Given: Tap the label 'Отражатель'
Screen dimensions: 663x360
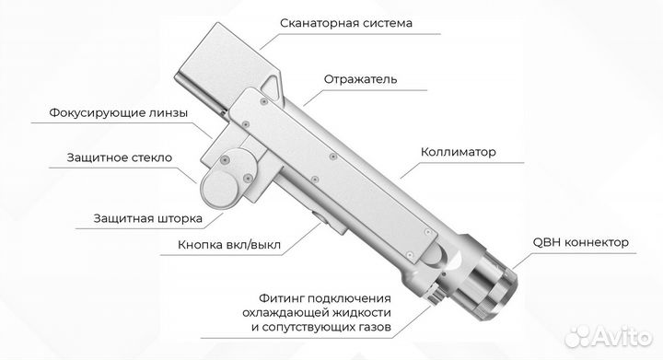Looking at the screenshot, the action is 361,79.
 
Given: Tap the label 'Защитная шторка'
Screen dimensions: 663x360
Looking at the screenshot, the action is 146,219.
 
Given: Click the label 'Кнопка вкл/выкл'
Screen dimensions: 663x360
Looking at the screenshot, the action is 229,246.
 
